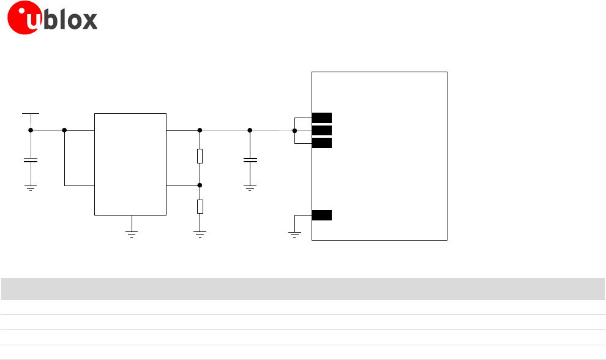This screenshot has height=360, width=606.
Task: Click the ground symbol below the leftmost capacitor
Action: (30, 188)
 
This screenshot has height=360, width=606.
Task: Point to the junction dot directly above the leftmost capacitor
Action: (30, 130)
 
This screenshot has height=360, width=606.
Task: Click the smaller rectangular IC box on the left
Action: (130, 163)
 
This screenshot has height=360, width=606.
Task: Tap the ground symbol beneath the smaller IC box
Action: (130, 233)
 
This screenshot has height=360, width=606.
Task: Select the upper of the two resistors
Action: (200, 156)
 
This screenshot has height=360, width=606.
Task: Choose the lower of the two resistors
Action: (200, 206)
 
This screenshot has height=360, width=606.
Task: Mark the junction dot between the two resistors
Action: (200, 184)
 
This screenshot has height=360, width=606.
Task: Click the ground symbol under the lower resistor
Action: (200, 233)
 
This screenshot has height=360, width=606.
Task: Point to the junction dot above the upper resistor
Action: (200, 130)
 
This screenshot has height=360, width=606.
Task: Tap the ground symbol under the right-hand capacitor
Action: (250, 188)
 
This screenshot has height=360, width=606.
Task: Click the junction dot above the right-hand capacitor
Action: (250, 130)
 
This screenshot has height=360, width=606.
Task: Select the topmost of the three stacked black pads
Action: (322, 118)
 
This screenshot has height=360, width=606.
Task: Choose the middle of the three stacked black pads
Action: (322, 130)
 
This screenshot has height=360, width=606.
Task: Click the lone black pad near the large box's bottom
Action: (322, 215)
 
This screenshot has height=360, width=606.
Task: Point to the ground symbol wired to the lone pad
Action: (294, 234)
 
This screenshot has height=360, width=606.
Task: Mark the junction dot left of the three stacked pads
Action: (294, 130)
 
